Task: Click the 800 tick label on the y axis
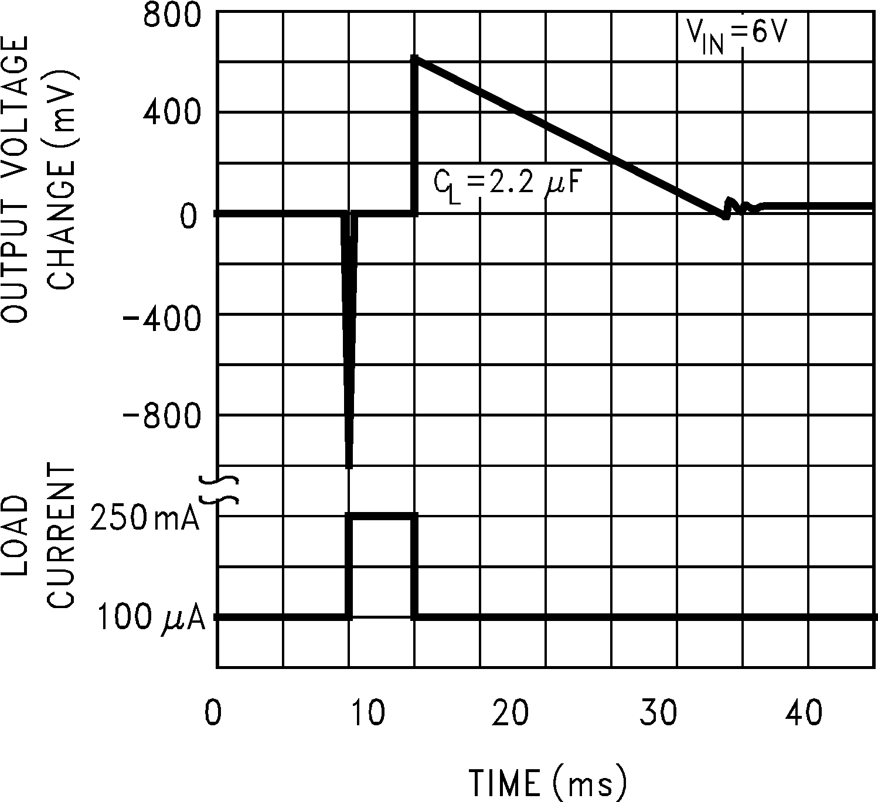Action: pyautogui.click(x=172, y=16)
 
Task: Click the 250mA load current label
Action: pyautogui.click(x=145, y=518)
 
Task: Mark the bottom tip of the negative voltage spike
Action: pyautogui.click(x=349, y=466)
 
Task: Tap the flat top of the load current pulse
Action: pyautogui.click(x=382, y=516)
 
